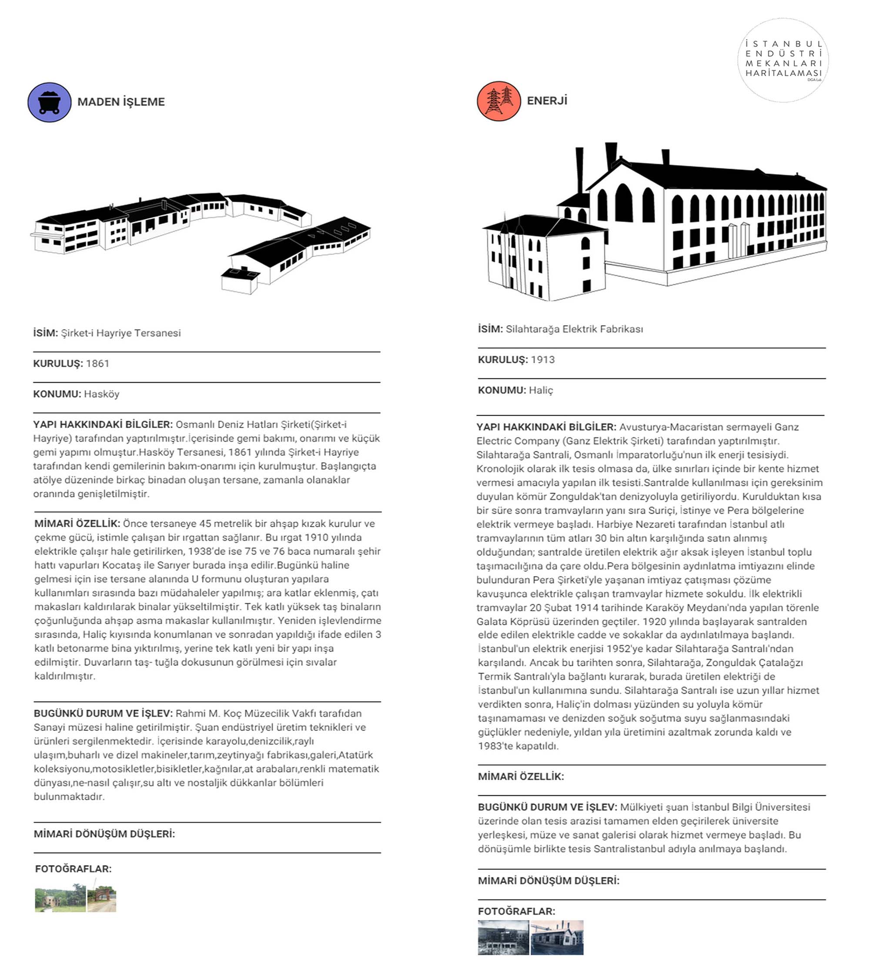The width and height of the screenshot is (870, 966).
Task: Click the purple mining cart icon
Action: (x=49, y=102)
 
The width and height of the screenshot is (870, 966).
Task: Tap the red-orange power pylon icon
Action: (x=499, y=101)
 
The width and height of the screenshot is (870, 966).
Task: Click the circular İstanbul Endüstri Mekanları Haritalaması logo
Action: (x=783, y=60)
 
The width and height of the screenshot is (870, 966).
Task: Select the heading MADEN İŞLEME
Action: (x=121, y=102)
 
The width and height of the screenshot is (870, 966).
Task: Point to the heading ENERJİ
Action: (x=547, y=101)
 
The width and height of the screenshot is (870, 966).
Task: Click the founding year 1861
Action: (x=97, y=363)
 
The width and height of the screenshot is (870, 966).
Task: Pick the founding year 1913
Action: (x=542, y=360)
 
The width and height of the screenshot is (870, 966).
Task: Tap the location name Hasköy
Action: (x=101, y=394)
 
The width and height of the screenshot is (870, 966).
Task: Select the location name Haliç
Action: (x=541, y=390)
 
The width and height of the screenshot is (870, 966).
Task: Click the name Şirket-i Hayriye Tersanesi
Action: (x=120, y=333)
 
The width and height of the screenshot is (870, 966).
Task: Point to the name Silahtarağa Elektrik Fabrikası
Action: (x=574, y=329)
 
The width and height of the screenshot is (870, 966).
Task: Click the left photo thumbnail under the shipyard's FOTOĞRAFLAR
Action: (x=60, y=899)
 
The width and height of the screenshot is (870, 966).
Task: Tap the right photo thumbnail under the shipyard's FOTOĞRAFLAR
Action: (x=101, y=899)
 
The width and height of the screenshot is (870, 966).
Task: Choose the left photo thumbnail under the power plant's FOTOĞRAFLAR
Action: (x=503, y=938)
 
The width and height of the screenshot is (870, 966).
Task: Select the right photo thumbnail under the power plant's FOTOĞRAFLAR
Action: (x=557, y=938)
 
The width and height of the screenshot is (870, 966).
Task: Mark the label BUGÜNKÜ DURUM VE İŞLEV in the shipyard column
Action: (x=103, y=713)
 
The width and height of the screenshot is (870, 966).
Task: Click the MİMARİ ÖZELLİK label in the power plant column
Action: (x=521, y=777)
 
